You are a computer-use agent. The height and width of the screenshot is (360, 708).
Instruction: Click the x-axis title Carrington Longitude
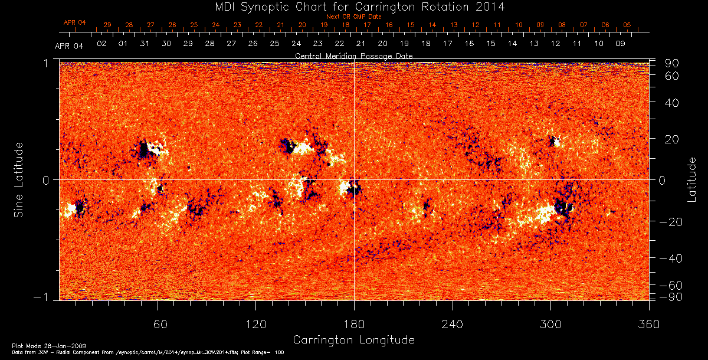pyautogui.click(x=353, y=340)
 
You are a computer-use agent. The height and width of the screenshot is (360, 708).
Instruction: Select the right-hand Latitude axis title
pyautogui.click(x=691, y=179)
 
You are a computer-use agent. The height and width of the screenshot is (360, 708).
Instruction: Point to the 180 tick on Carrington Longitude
pyautogui.click(x=353, y=324)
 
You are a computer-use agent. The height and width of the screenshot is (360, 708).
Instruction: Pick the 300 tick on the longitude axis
pyautogui.click(x=550, y=324)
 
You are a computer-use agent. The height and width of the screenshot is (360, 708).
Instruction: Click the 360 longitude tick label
pyautogui.click(x=648, y=324)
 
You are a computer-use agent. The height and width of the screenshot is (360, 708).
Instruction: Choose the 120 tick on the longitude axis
pyautogui.click(x=255, y=324)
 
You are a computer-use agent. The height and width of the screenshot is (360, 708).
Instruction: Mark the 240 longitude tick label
pyautogui.click(x=452, y=324)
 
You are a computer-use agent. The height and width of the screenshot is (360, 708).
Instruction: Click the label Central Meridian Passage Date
pyautogui.click(x=353, y=55)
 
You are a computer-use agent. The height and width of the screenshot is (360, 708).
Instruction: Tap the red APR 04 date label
pyautogui.click(x=74, y=22)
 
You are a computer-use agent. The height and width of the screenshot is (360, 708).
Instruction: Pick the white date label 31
pyautogui.click(x=145, y=44)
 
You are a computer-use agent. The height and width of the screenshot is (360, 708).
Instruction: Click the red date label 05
pyautogui.click(x=627, y=25)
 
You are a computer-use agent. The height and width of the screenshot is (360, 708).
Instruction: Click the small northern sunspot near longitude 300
pyautogui.click(x=553, y=141)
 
